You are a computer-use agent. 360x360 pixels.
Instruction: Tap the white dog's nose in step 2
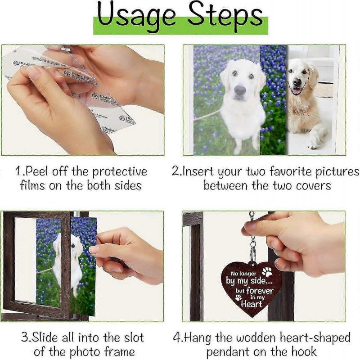pos(240,90)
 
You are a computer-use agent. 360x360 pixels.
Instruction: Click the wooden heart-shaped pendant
pos(252,288)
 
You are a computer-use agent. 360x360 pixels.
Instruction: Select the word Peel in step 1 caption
pos(38,172)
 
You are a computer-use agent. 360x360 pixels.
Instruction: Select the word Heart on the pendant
pos(252,304)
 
